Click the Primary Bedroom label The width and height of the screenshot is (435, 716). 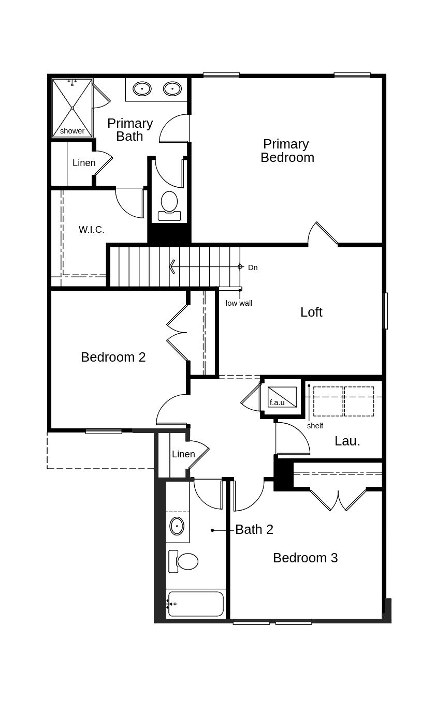click(x=287, y=151)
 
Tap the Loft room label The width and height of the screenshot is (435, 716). click(x=311, y=312)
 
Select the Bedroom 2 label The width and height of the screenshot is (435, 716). click(x=113, y=357)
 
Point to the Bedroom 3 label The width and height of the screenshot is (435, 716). click(x=306, y=558)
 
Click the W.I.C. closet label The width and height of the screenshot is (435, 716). click(x=92, y=230)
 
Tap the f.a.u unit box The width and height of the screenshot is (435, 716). click(x=282, y=397)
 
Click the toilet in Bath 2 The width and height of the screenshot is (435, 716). click(x=183, y=561)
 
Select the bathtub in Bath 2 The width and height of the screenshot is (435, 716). click(x=196, y=604)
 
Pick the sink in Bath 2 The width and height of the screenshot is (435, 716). click(x=177, y=526)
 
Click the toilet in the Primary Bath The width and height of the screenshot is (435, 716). click(x=169, y=206)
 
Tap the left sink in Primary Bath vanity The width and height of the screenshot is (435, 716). click(x=142, y=88)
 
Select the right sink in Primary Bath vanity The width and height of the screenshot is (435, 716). click(x=172, y=88)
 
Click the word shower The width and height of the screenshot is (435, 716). click(x=72, y=131)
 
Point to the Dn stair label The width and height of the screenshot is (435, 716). click(x=253, y=267)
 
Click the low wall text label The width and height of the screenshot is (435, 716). click(x=239, y=303)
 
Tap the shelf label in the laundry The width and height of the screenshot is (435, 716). click(x=315, y=426)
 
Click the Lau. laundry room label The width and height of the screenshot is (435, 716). click(x=347, y=441)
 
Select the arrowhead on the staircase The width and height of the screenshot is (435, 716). click(x=172, y=266)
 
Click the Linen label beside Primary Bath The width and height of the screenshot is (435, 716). click(x=84, y=162)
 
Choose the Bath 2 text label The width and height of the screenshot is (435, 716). click(x=254, y=530)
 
